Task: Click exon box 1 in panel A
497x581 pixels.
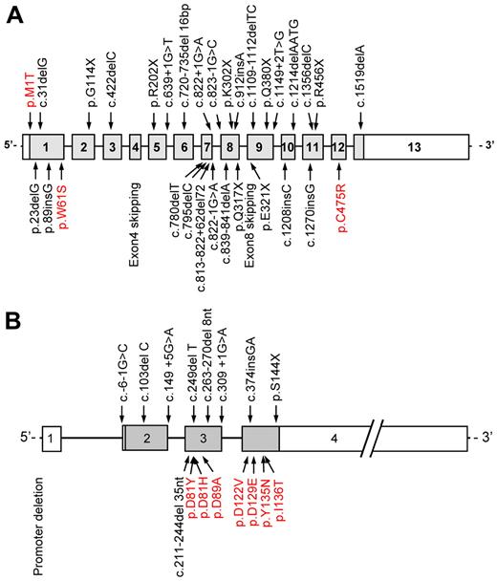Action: [x=48, y=147]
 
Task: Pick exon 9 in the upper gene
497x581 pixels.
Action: [x=260, y=147]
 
